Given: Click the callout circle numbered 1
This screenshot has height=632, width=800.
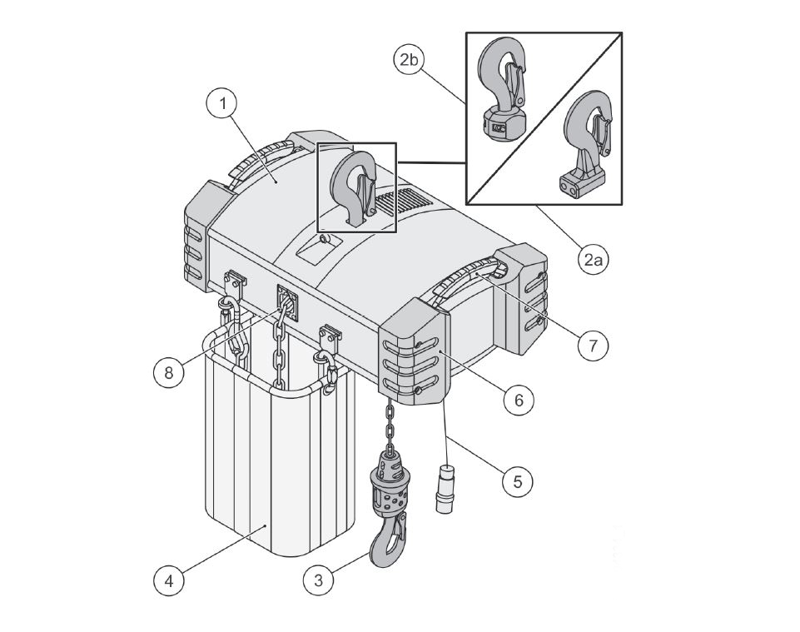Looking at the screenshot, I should [222, 104].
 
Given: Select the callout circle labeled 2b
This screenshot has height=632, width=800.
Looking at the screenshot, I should [409, 60].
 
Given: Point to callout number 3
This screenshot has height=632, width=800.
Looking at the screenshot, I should [318, 580].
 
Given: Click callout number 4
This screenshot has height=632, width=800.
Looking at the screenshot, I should [170, 580].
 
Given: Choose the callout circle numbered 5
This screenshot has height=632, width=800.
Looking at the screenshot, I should [518, 481].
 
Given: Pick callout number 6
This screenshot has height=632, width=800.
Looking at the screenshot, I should [518, 399].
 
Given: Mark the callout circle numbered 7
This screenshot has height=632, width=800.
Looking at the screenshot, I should [592, 344].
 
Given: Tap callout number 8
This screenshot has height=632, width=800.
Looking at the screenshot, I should [170, 372].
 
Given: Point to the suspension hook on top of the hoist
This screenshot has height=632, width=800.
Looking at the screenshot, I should [355, 187].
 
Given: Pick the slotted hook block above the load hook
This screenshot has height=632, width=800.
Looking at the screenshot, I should [388, 483].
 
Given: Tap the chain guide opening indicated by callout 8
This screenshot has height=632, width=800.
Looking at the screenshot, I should [286, 300].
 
